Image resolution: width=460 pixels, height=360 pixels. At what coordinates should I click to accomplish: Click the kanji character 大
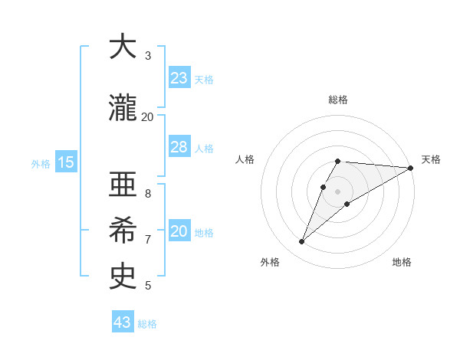123,47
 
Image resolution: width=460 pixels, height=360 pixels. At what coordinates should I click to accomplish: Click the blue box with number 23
179,78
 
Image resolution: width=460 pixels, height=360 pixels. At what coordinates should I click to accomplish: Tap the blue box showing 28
179,147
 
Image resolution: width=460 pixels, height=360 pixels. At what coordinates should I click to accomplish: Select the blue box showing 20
179,232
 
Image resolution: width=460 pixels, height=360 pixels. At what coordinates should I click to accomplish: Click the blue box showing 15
65,162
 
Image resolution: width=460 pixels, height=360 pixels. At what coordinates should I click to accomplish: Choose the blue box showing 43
123,322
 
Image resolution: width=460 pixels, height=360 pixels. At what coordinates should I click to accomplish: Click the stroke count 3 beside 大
148,56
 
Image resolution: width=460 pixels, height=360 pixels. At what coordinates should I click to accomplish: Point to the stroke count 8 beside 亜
148,193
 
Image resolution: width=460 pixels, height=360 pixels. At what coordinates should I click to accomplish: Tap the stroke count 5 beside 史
148,286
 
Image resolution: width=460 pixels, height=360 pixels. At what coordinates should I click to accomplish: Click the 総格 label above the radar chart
338,100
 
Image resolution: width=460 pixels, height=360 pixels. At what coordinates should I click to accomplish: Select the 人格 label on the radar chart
245,159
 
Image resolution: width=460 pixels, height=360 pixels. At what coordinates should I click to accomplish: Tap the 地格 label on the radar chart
402,262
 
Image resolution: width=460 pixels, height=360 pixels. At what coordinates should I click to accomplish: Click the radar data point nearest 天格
411,168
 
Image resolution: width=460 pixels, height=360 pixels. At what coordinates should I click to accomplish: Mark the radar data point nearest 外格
302,242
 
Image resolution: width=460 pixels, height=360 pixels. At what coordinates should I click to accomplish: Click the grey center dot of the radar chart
338,191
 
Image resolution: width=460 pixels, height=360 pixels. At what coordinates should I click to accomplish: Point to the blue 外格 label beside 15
41,163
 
